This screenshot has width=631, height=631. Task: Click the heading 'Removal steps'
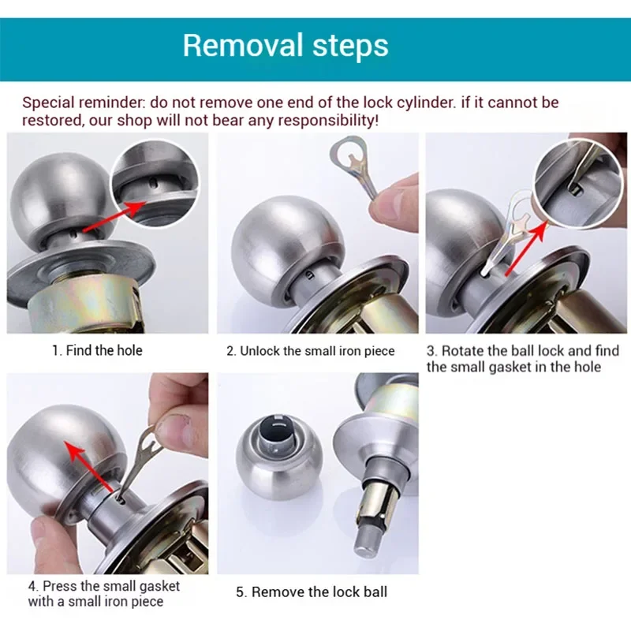tap(286, 45)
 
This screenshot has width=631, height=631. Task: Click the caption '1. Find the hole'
tap(97, 350)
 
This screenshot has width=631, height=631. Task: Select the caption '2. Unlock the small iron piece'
tap(310, 351)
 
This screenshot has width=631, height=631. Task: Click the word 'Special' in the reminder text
tap(47, 103)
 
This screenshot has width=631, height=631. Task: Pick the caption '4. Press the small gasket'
tap(103, 586)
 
